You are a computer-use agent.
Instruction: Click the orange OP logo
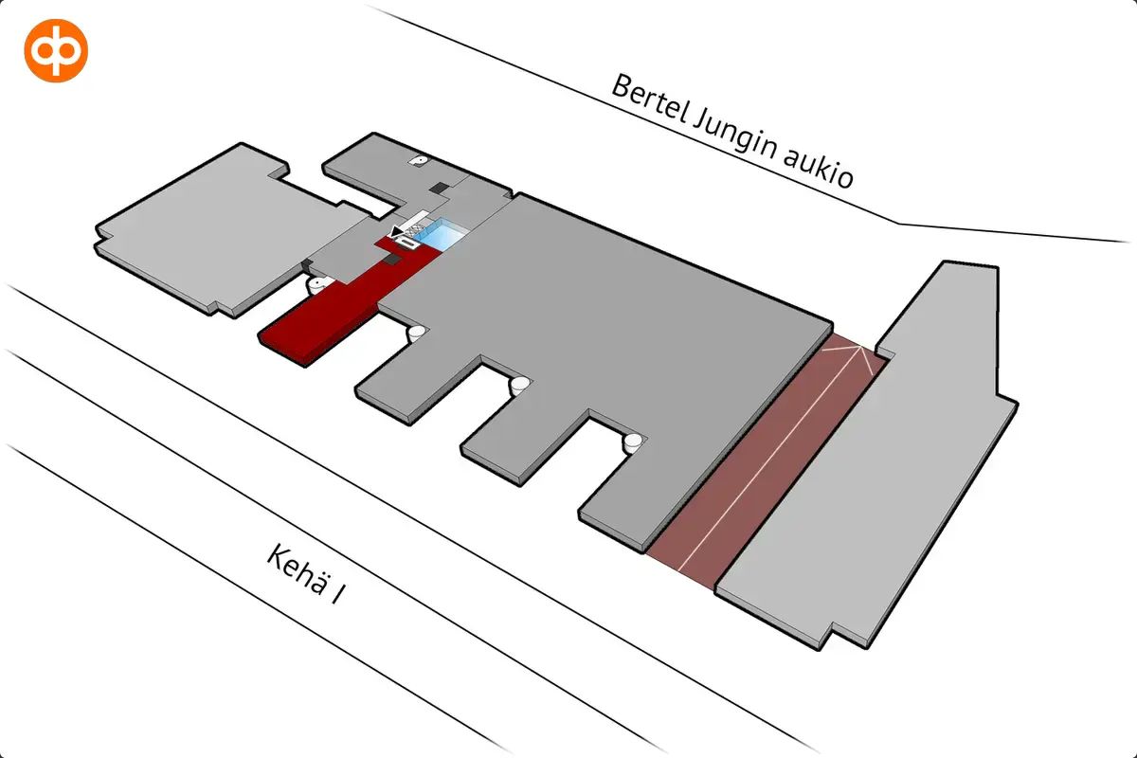(x=56, y=50)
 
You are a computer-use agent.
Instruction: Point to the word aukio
(x=819, y=171)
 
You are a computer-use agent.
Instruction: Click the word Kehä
(x=297, y=568)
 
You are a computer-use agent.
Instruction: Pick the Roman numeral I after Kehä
(x=338, y=594)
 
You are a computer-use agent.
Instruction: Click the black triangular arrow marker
(x=396, y=232)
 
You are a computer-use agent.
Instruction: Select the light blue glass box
(x=440, y=235)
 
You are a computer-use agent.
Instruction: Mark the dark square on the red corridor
(x=393, y=260)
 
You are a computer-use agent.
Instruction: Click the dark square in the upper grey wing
(x=440, y=188)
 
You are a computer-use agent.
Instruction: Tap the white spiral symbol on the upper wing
(x=419, y=160)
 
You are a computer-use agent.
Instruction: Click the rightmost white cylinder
(x=633, y=442)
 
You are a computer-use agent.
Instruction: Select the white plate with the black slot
(x=407, y=243)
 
